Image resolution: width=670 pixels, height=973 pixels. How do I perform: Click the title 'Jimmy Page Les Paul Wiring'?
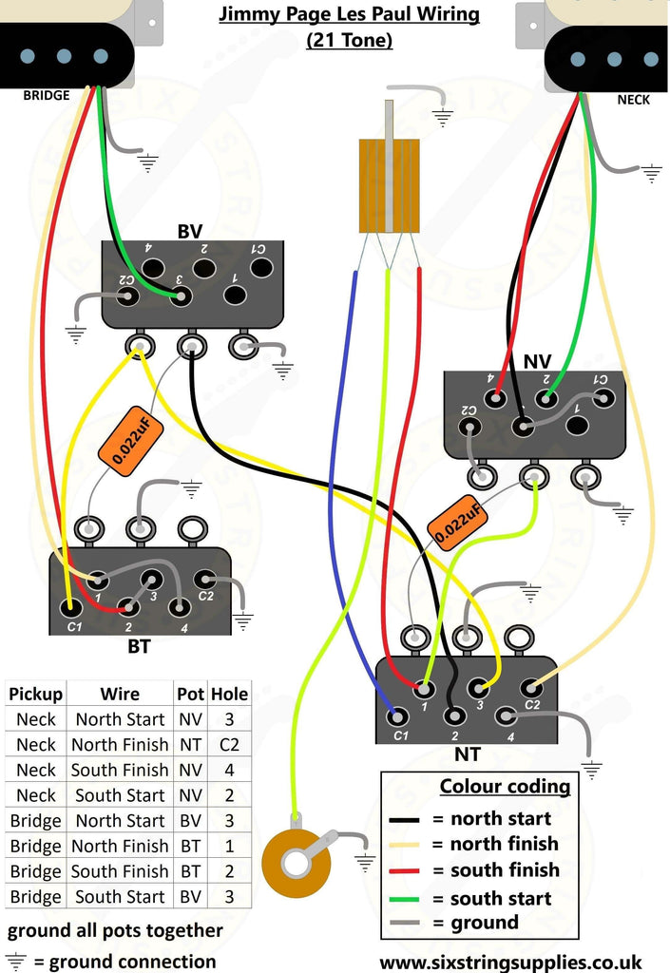coord(349,15)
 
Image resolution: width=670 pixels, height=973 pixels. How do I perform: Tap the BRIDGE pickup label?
coord(47,96)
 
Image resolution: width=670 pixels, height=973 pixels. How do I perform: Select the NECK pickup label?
coord(634,99)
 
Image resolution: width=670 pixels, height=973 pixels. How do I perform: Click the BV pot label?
coord(189,231)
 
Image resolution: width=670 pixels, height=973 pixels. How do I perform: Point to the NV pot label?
coord(537,361)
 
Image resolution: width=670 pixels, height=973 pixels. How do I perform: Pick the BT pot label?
coord(139,647)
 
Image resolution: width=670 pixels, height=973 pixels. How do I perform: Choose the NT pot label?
coord(467,754)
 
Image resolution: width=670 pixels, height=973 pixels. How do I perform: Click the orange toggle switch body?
coord(389,185)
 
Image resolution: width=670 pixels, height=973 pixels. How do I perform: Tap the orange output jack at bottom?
coord(296,862)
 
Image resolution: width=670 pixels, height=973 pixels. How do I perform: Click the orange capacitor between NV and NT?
coord(455,522)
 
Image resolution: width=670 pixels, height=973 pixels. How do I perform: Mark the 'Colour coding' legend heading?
coord(505,787)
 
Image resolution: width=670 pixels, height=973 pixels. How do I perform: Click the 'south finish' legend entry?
coord(504,869)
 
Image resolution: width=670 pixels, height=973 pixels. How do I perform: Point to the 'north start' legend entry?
coord(500,818)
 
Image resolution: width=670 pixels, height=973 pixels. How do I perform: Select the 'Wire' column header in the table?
coord(120,694)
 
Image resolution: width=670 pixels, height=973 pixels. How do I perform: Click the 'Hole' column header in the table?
coord(229,694)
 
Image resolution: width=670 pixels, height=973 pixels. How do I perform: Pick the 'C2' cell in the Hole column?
coord(229,745)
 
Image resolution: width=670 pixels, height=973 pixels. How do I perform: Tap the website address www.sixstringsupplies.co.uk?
coord(510,962)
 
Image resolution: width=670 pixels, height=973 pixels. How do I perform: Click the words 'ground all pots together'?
coord(115,929)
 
